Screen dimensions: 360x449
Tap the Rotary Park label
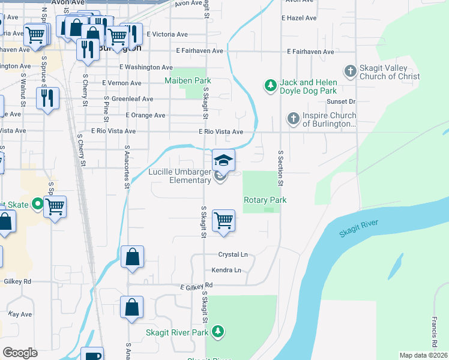click(265, 200)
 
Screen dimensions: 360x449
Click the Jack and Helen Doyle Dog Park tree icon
click(271, 86)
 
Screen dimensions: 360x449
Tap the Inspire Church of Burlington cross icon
click(293, 119)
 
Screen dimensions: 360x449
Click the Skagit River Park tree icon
click(218, 332)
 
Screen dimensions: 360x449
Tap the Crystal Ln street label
click(233, 254)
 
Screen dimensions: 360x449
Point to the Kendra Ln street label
click(229, 270)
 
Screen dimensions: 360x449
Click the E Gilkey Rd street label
click(197, 287)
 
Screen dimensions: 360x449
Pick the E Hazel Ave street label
click(299, 18)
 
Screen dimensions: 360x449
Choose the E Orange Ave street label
click(145, 115)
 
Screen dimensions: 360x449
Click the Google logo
click(20, 353)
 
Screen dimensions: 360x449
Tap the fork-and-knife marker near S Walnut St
click(47, 97)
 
